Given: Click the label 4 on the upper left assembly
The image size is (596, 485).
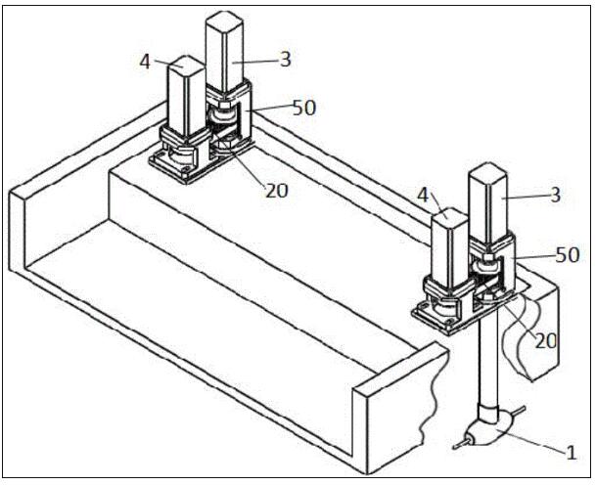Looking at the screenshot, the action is tap(145, 63).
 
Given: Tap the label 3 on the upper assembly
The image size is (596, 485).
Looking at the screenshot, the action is tap(285, 60).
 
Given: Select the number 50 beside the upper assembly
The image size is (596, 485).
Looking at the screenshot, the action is tap(304, 109).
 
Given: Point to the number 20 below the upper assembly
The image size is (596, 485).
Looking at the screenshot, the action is tap(276, 191).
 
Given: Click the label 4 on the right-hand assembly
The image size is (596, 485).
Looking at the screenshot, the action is tap(423, 196).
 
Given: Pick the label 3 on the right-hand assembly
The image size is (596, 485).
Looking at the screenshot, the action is tap(555, 196).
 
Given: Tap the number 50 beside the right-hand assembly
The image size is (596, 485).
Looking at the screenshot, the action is tap(568, 255).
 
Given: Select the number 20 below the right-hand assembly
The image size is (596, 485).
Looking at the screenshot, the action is tap(546, 341).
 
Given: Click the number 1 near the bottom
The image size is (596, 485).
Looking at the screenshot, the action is tap(572, 453).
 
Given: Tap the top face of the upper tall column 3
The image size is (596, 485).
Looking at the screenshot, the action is tap(224, 20).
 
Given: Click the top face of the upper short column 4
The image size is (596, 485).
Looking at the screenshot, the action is tap(186, 65).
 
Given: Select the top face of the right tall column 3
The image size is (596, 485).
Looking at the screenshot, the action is tap(488, 173).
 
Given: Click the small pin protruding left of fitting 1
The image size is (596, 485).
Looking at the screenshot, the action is tap(460, 444).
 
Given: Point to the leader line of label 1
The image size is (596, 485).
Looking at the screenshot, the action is tap(530, 441).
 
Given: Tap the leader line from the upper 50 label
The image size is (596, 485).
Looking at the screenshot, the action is tap(272, 109).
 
